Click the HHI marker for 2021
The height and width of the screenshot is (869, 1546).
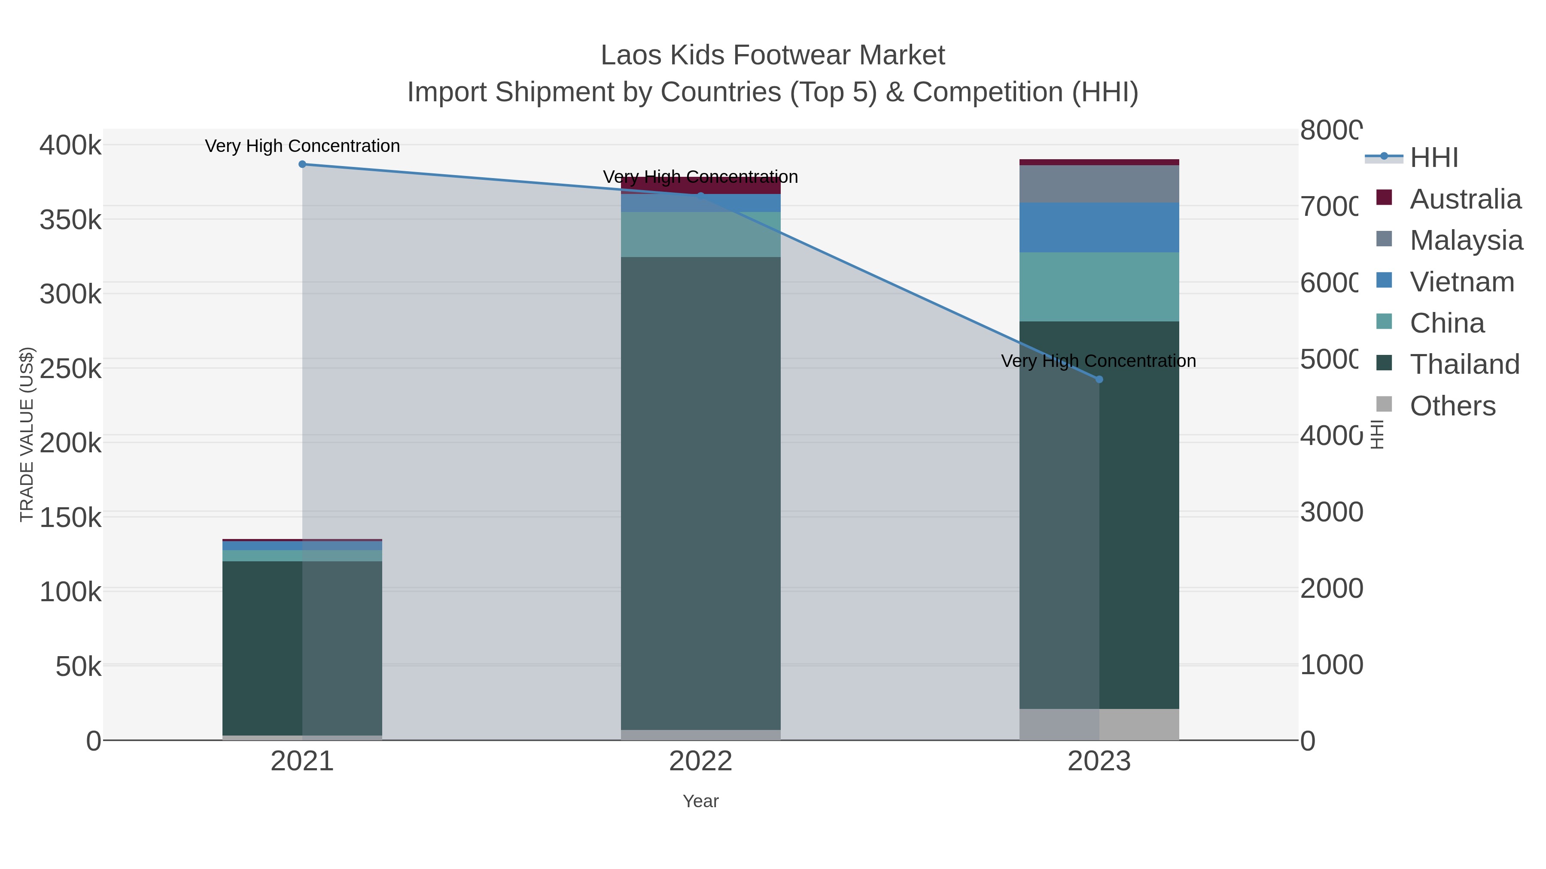pos(302,164)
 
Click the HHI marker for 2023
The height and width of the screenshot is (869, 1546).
pos(1099,379)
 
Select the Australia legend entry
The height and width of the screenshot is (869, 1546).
pos(1465,199)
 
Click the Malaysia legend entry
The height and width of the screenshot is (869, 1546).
pos(1466,240)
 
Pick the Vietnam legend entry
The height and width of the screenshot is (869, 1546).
pos(1461,282)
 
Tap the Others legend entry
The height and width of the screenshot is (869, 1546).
pos(1452,406)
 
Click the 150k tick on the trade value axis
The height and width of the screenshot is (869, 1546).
pos(70,518)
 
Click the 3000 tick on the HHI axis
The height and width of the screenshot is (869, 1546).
pos(1331,512)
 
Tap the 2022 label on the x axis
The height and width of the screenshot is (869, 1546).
pos(700,762)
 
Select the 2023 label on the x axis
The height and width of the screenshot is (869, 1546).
pos(1099,762)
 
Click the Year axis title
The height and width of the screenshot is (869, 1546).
pos(700,801)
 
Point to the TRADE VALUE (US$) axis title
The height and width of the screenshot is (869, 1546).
pos(27,434)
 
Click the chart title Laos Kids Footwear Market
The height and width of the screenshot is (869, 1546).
pos(773,55)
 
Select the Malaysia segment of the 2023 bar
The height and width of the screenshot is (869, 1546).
pos(1099,184)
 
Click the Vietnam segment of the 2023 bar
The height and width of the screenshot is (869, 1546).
pos(1099,227)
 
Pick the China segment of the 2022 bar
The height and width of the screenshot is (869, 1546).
pos(700,234)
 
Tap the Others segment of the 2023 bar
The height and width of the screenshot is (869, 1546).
pos(1099,724)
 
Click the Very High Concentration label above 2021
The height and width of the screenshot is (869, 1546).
pos(302,146)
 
